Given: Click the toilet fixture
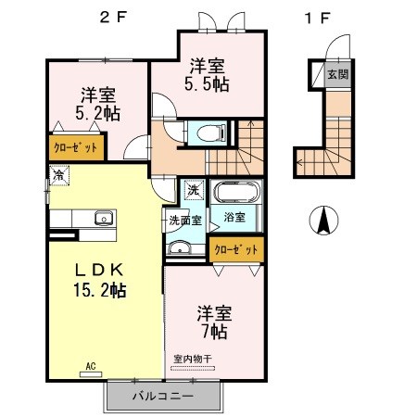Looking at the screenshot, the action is pyautogui.click(x=211, y=133).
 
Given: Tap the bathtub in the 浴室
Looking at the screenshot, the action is pyautogui.click(x=236, y=192).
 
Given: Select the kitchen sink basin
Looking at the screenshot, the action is pyautogui.click(x=104, y=219).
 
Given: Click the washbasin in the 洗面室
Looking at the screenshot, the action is pyautogui.click(x=179, y=247).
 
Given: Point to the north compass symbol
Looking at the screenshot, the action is pyautogui.click(x=323, y=221).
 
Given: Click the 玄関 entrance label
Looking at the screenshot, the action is pyautogui.click(x=338, y=74).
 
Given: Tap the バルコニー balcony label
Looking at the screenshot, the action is pyautogui.click(x=163, y=396).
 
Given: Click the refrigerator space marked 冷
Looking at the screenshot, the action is pyautogui.click(x=59, y=175).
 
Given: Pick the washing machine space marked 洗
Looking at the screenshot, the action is pyautogui.click(x=195, y=190).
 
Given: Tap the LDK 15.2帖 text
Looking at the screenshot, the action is pyautogui.click(x=100, y=280).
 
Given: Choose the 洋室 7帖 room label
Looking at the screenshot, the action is pyautogui.click(x=215, y=322).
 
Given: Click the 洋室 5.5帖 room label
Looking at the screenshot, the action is pyautogui.click(x=207, y=75).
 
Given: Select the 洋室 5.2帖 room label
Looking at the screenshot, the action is pyautogui.click(x=98, y=104).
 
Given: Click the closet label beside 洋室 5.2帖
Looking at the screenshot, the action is pyautogui.click(x=76, y=148).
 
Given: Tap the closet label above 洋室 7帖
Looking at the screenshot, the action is pyautogui.click(x=236, y=249).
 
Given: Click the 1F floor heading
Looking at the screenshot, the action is pyautogui.click(x=317, y=18).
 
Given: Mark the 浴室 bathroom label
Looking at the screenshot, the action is pyautogui.click(x=234, y=217).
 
